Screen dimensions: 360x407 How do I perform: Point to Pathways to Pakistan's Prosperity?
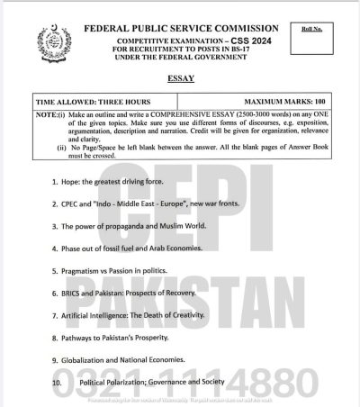tap(127, 338)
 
